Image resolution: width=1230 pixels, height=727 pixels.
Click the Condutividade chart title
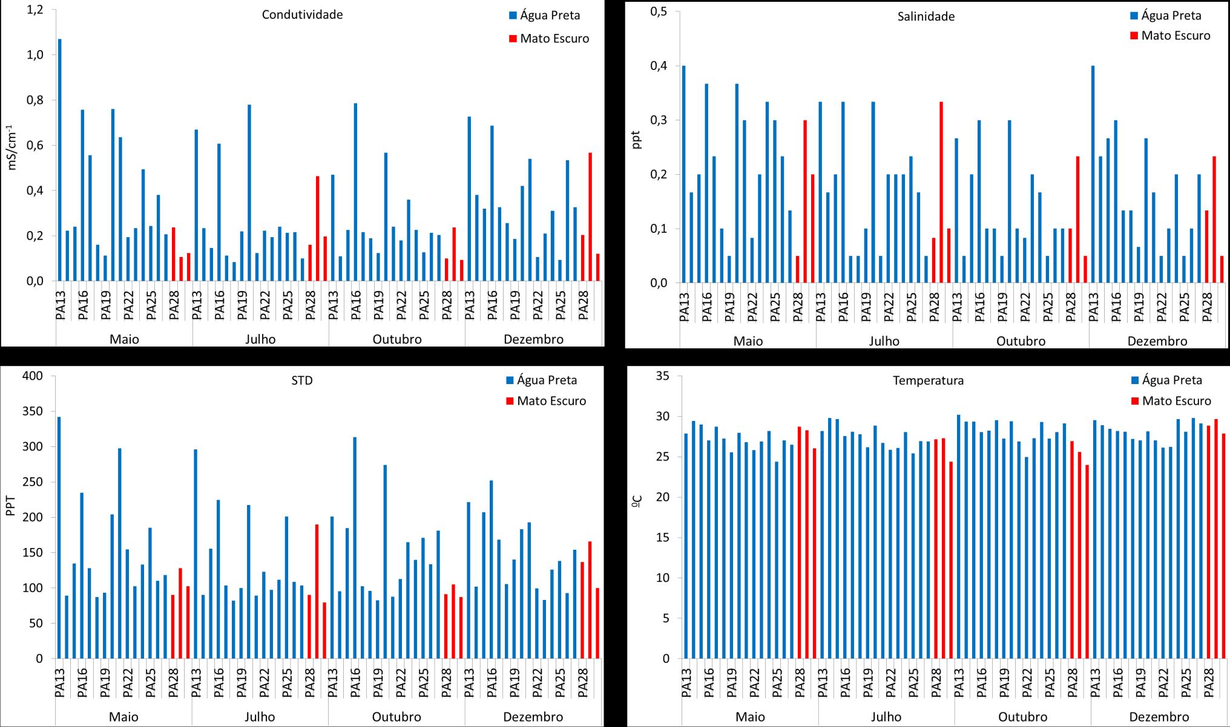pyautogui.click(x=302, y=15)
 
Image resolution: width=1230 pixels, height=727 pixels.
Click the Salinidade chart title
pyautogui.click(x=926, y=16)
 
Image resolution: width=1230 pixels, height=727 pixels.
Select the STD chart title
pyautogui.click(x=302, y=380)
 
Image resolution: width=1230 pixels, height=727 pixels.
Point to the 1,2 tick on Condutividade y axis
pyautogui.click(x=35, y=10)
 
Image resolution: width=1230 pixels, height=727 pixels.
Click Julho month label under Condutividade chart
pyautogui.click(x=260, y=339)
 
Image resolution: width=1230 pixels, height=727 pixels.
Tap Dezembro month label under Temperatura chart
pyautogui.click(x=1159, y=717)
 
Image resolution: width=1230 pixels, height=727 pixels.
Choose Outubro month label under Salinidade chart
pyautogui.click(x=1021, y=341)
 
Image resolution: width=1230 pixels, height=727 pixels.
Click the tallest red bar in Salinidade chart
pyautogui.click(x=941, y=192)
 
